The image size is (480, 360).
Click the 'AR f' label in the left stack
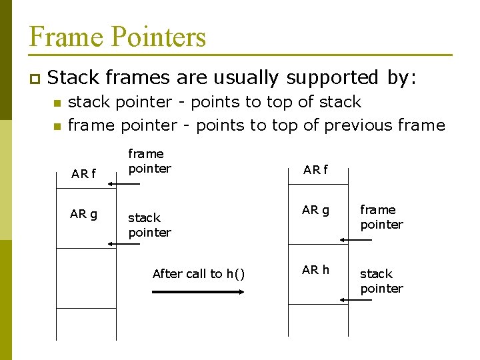pyautogui.click(x=83, y=174)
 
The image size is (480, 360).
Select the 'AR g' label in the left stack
pyautogui.click(x=83, y=214)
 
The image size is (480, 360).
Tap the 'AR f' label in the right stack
pyautogui.click(x=315, y=169)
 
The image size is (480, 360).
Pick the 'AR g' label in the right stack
pyautogui.click(x=315, y=210)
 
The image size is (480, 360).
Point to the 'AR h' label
pyautogui.click(x=315, y=269)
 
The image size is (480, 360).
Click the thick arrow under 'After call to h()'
pyautogui.click(x=198, y=292)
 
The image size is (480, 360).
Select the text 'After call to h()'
pyautogui.click(x=198, y=273)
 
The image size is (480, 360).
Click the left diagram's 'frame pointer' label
pyautogui.click(x=149, y=161)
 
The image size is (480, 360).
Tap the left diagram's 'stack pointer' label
pyautogui.click(x=149, y=225)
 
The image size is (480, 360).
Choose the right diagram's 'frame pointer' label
pyautogui.click(x=381, y=217)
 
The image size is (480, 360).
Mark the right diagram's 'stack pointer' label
pyautogui.click(x=381, y=281)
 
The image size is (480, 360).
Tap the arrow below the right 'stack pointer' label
pyautogui.click(x=355, y=300)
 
